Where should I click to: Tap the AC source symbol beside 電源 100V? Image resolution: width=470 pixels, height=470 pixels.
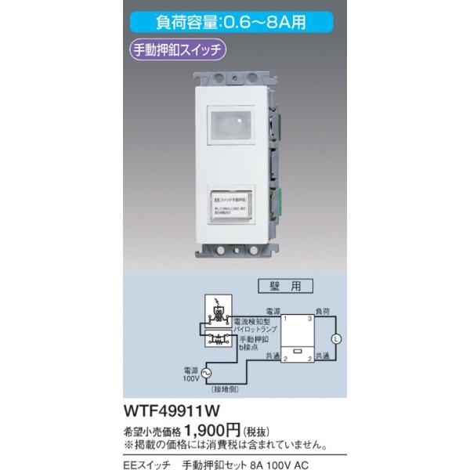[x=207, y=372]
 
